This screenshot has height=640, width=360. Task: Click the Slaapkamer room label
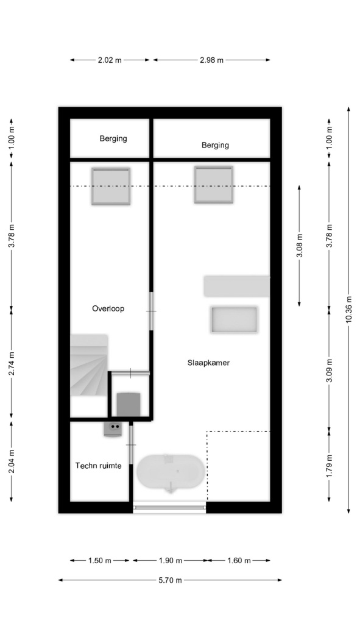coord(208,363)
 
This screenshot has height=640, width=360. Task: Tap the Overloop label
coord(108,308)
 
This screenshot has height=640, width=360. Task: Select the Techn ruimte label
coord(98,465)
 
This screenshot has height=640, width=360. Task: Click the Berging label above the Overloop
coord(113,138)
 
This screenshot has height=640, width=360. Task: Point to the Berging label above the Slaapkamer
coord(215,145)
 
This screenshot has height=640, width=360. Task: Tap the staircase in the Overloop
coord(89,365)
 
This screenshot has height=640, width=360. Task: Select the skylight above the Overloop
coord(111,186)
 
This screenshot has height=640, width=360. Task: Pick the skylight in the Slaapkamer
coord(214,185)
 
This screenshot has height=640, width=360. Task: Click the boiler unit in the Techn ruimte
coord(113,428)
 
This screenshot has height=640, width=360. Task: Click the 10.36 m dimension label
coord(348,310)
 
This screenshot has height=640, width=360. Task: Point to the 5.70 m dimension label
coord(170,580)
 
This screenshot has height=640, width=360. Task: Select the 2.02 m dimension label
coord(110,60)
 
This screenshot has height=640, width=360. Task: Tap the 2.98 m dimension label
coord(211,60)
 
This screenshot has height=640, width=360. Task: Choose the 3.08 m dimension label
coord(299,246)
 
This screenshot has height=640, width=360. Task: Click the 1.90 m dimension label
coord(171,560)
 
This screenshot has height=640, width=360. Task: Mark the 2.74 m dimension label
coord(12,363)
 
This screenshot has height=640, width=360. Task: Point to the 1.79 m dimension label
coord(330,466)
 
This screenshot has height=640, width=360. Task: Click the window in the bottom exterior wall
coord(169,507)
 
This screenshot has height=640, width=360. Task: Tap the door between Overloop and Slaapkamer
coord(151,311)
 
